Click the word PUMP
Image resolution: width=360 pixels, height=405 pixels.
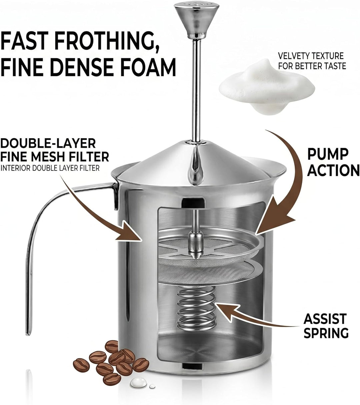pos(328,154)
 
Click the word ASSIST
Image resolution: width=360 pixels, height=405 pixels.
pos(325,317)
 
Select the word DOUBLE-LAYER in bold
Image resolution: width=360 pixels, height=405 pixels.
pos(48,143)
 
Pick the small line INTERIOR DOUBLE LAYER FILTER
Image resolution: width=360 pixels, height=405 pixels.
pos(50,168)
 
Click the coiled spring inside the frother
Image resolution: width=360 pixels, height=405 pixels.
pos(196,313)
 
